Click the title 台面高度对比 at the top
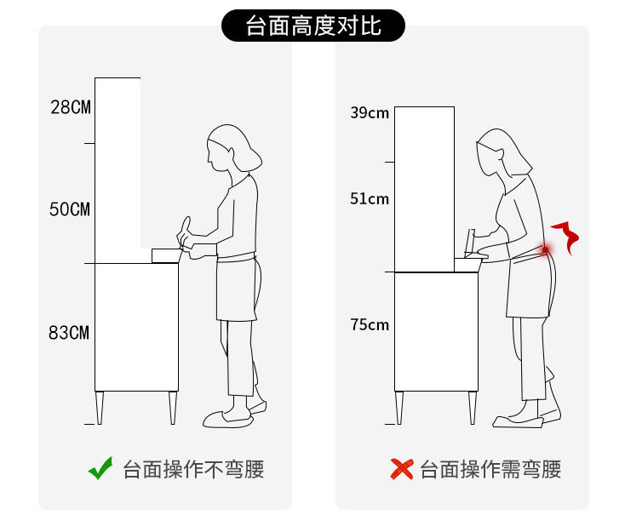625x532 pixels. pyautogui.click(x=313, y=26)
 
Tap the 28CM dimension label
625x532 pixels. pyautogui.click(x=71, y=107)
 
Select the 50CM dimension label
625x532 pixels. pyautogui.click(x=70, y=209)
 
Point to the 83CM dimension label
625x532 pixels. pyautogui.click(x=69, y=332)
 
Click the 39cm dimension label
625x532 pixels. pyautogui.click(x=370, y=112)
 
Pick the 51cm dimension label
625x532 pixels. pyautogui.click(x=370, y=198)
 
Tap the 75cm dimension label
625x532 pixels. pyautogui.click(x=370, y=324)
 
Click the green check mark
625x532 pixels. pyautogui.click(x=100, y=468)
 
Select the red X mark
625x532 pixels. pyautogui.click(x=401, y=469)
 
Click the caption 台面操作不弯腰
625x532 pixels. pyautogui.click(x=193, y=469)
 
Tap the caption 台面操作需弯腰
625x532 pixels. pyautogui.click(x=490, y=469)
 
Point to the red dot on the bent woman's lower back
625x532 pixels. pyautogui.click(x=545, y=250)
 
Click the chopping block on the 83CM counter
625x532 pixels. pyautogui.click(x=166, y=255)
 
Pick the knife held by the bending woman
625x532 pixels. pyautogui.click(x=470, y=242)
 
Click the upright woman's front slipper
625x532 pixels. pyautogui.click(x=227, y=419)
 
